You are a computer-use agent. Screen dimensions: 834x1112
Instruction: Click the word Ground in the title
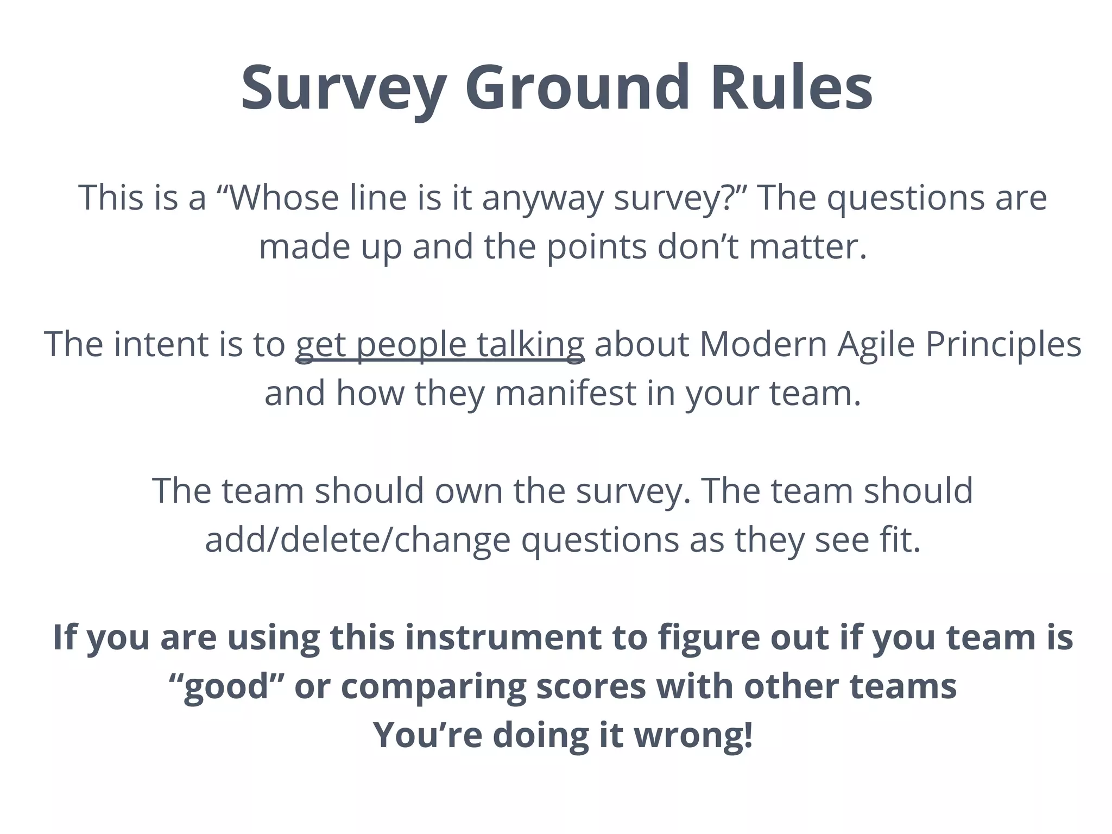576,88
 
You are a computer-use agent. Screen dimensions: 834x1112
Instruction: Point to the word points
596,247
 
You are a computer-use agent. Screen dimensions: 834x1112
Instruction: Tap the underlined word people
412,345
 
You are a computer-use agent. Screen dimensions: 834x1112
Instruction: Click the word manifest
565,393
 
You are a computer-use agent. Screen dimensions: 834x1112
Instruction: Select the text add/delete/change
358,540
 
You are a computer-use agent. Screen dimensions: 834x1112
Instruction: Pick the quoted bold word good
227,687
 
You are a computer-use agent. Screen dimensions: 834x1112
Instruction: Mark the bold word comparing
433,687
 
